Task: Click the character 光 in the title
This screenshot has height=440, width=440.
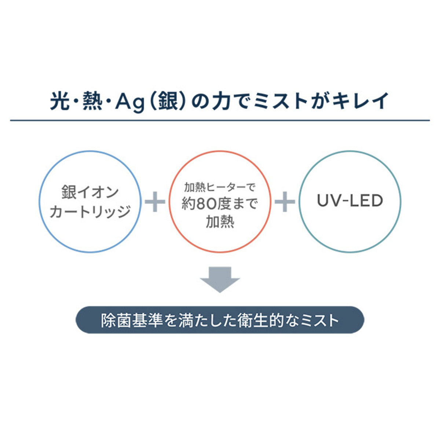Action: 60,101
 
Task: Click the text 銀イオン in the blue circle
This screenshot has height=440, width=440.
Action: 90,192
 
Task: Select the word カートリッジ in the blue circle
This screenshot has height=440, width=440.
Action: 90,212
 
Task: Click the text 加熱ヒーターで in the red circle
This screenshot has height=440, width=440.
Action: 220,188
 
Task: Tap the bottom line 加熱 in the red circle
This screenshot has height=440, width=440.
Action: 220,222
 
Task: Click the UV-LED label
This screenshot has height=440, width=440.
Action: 350,201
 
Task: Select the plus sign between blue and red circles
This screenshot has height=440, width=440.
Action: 155,202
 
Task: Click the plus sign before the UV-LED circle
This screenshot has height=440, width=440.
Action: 285,202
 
